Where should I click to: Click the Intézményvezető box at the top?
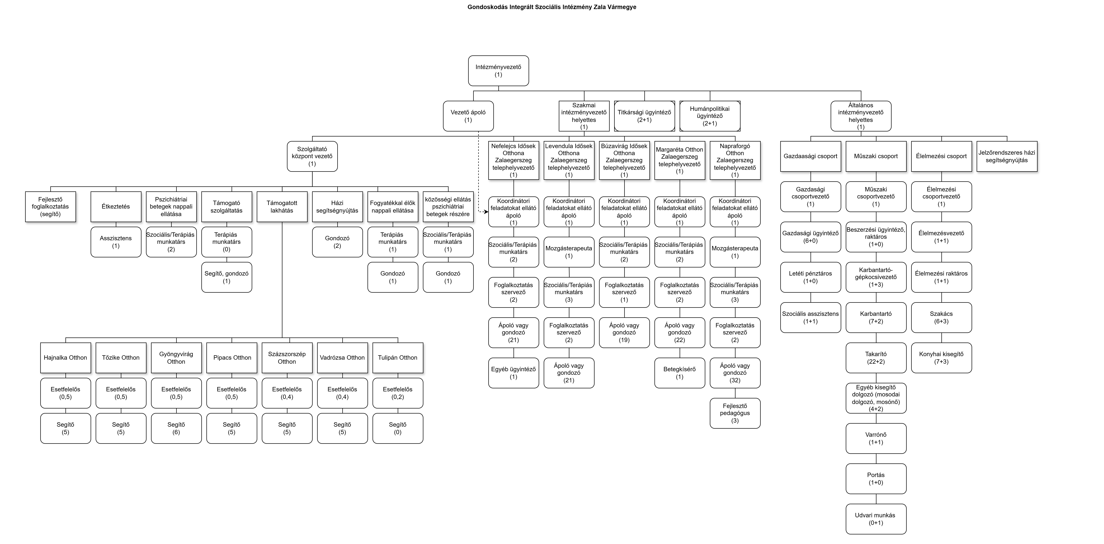tap(498, 71)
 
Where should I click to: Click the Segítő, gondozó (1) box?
tap(227, 277)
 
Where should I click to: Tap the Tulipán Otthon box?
tap(398, 357)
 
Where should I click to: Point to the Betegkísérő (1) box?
tap(680, 373)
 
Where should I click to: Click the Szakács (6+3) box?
tap(942, 318)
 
